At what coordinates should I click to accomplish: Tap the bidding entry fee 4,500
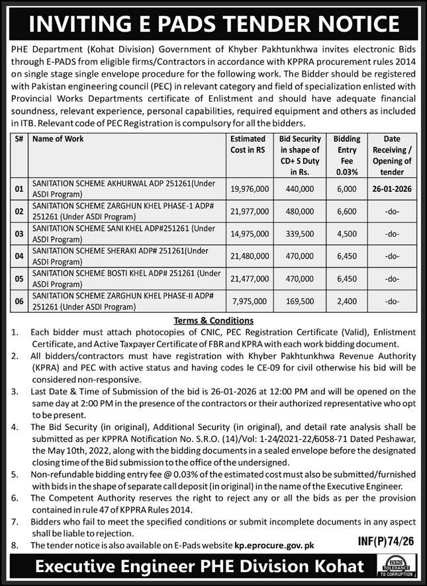point(347,233)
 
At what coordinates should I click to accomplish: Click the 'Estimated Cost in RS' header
point(248,144)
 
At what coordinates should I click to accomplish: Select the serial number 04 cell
point(19,256)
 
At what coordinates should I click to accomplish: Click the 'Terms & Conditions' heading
point(213,319)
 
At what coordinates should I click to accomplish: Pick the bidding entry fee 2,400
point(347,302)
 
